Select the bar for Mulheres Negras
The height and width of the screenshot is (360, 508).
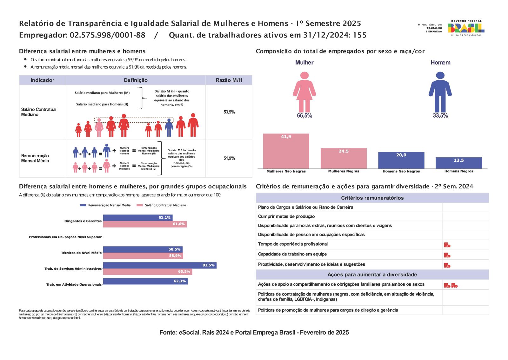(x=343, y=158)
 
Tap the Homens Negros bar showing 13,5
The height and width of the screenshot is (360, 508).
(x=458, y=163)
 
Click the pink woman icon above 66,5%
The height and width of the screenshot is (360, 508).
(x=304, y=92)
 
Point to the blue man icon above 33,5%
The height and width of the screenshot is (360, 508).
(x=440, y=92)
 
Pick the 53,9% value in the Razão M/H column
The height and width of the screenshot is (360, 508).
(x=229, y=112)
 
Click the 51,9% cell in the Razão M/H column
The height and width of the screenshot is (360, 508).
(x=229, y=158)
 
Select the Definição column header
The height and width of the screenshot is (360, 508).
(x=136, y=80)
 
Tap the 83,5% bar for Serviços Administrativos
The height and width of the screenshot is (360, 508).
(x=160, y=265)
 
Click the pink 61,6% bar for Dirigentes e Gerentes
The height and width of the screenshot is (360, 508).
(x=145, y=224)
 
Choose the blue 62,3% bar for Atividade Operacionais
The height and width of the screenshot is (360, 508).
(x=145, y=281)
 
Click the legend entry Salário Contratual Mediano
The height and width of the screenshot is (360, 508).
(x=161, y=205)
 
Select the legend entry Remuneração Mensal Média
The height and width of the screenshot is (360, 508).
(x=105, y=205)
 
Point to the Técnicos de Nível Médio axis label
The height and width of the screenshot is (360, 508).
(x=81, y=253)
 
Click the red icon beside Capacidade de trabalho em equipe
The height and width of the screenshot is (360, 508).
(x=447, y=255)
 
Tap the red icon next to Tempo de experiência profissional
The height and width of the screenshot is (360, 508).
(x=447, y=245)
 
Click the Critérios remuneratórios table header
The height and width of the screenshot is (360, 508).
(x=372, y=198)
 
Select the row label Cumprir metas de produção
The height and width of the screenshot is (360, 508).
(x=286, y=216)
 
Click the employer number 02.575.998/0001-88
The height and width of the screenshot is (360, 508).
(x=108, y=35)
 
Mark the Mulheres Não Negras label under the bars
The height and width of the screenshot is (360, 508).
(x=286, y=171)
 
